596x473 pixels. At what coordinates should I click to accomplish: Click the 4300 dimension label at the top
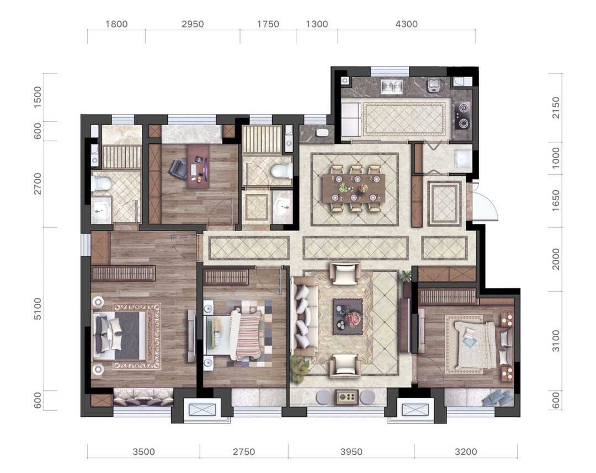[406, 24]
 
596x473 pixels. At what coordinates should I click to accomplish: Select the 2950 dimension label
[193, 24]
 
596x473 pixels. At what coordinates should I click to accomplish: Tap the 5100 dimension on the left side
[38, 309]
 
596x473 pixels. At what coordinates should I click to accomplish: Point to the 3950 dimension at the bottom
[351, 452]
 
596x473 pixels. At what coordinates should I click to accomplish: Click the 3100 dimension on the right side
[556, 341]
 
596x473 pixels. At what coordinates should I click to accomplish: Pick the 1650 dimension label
[556, 201]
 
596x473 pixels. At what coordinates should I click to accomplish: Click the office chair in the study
[178, 169]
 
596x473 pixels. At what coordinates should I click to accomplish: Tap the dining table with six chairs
[354, 189]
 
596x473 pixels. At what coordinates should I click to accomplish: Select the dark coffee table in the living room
[348, 316]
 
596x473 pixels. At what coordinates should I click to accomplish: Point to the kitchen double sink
[392, 87]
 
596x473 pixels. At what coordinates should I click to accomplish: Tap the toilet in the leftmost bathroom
[101, 184]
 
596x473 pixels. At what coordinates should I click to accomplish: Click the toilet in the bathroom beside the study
[281, 171]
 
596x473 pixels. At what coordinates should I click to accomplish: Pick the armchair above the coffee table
[345, 273]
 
